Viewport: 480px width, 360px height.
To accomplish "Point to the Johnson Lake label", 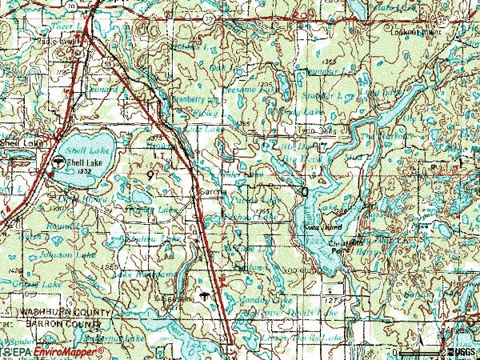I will (x=51, y=254).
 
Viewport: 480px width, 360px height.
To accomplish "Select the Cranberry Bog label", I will (x=196, y=100).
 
